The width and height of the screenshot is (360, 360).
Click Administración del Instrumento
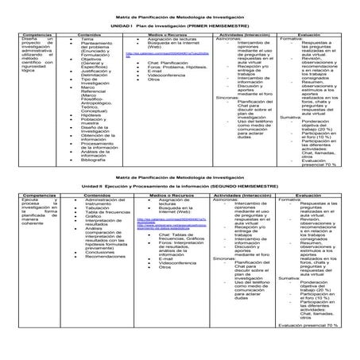click(x=103, y=203)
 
